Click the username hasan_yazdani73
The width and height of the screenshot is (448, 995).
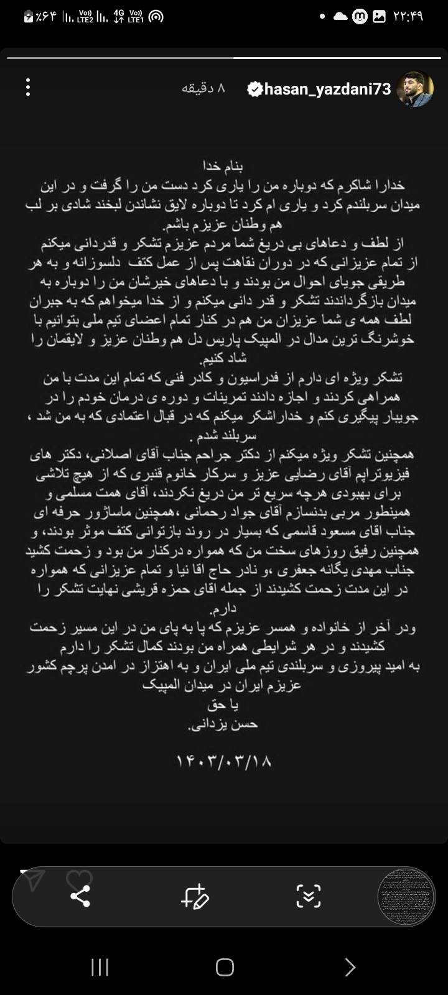point(328,89)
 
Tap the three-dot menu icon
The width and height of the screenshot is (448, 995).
point(28,87)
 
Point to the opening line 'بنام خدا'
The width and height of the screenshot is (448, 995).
point(223,166)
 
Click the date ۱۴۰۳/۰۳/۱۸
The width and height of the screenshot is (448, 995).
point(225,761)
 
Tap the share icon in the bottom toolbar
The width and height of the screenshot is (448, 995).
point(80,896)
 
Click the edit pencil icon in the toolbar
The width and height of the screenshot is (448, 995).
point(195,896)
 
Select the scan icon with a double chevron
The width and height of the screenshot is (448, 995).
point(308,896)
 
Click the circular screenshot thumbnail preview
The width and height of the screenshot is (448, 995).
point(406,896)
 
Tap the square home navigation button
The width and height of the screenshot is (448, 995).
point(225,967)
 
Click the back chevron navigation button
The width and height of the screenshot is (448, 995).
point(350,967)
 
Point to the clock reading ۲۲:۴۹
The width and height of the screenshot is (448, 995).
point(408,17)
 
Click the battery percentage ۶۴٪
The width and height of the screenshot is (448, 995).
point(46,17)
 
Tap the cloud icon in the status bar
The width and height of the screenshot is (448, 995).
point(340,17)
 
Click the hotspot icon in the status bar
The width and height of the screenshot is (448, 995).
point(156,17)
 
